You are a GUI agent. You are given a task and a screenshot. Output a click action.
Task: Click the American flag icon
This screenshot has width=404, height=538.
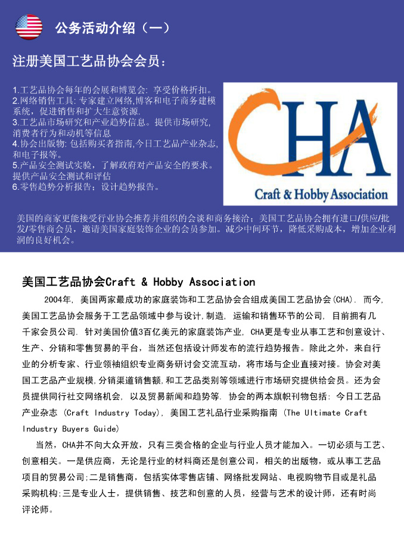click(29, 27)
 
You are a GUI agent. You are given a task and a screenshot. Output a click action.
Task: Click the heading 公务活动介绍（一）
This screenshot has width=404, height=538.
click(113, 28)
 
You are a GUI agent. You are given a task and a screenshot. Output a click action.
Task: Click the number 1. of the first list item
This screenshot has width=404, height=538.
click(16, 90)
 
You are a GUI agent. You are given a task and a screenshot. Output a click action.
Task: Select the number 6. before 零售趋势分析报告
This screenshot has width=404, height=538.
click(16, 187)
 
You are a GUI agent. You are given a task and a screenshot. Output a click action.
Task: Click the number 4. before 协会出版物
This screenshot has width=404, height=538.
click(16, 144)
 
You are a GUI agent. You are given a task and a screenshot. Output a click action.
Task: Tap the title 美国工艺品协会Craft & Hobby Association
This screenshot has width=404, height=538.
click(138, 281)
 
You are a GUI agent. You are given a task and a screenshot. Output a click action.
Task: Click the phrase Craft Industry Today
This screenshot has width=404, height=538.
click(112, 412)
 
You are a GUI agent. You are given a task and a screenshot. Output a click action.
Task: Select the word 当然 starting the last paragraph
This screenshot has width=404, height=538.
click(45, 445)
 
